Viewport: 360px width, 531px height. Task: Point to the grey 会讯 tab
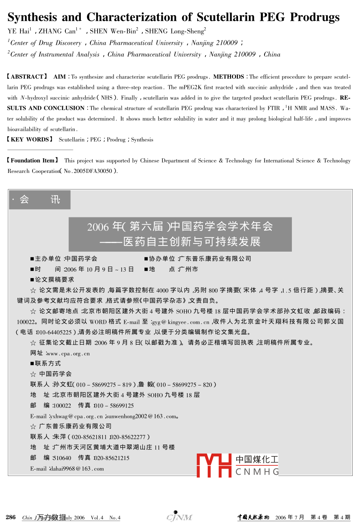(40, 200)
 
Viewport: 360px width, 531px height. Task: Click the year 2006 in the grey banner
(97, 226)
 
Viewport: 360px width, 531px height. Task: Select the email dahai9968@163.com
(76, 469)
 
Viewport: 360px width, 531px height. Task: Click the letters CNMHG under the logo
(257, 472)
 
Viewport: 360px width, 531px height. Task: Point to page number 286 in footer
(11, 518)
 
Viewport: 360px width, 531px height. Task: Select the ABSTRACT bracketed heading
(27, 77)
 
